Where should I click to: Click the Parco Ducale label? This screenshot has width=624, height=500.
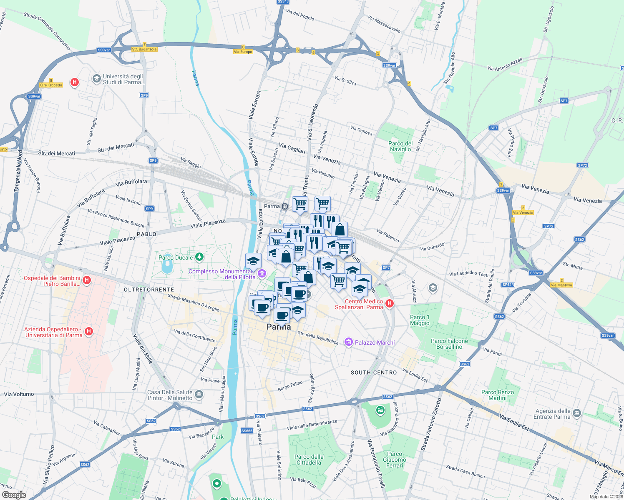(x=176, y=257)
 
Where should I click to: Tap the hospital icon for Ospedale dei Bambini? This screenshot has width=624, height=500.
(x=87, y=280)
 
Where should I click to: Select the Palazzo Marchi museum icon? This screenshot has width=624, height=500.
(x=348, y=342)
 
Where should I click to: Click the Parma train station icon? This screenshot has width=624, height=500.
(x=284, y=206)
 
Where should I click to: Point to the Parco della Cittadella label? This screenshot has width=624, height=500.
(x=309, y=460)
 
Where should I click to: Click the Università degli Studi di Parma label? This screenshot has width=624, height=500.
(x=123, y=79)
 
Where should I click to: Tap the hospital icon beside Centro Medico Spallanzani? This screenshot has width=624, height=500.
(x=390, y=303)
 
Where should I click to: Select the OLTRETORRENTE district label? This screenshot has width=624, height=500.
(x=149, y=289)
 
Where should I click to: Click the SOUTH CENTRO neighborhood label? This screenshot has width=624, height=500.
(x=374, y=372)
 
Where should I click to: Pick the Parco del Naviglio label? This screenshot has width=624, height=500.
(x=400, y=146)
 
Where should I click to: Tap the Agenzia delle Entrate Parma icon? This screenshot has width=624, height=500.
(x=577, y=413)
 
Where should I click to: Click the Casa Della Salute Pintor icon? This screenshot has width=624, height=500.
(x=199, y=394)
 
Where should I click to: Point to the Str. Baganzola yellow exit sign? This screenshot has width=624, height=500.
(x=144, y=49)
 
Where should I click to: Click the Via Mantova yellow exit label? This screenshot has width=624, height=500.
(x=561, y=285)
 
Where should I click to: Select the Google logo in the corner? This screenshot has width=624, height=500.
(x=14, y=495)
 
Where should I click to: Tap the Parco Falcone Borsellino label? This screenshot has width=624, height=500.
(x=449, y=344)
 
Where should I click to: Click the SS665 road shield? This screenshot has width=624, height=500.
(x=247, y=430)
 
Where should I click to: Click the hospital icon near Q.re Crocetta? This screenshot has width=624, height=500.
(x=75, y=82)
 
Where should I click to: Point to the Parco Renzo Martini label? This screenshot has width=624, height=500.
(x=498, y=395)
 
